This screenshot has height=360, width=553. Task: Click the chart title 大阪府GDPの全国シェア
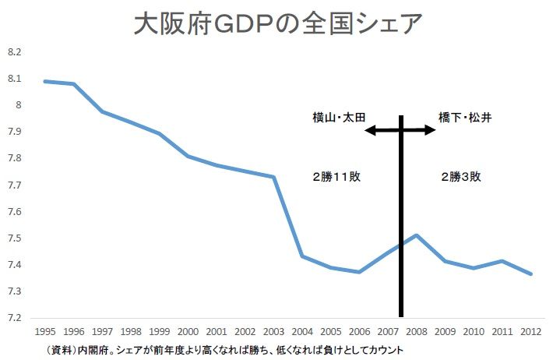pos(277,23)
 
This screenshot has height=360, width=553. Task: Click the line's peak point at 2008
pos(417,235)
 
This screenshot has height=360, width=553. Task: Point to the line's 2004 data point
pos(302,256)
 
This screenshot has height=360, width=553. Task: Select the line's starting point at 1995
pos(44,81)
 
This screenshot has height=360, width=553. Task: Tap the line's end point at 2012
pos(531,274)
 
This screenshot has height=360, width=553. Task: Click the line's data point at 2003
pos(273,177)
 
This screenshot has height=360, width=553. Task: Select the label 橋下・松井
pos(464,118)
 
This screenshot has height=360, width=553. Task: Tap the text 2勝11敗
pos(336,177)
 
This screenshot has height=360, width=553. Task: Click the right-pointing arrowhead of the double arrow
pos(432,131)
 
